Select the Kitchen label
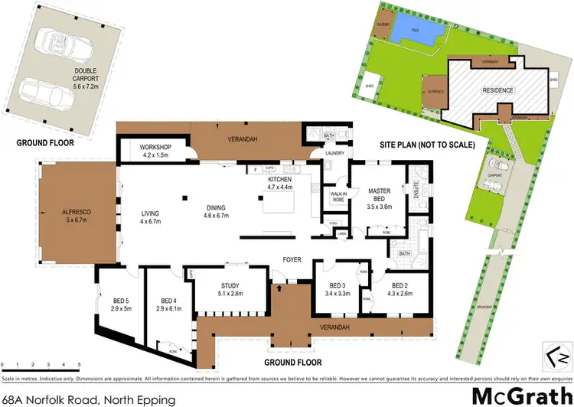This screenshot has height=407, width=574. point(279,181)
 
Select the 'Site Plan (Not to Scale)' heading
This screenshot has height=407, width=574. point(427,144)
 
